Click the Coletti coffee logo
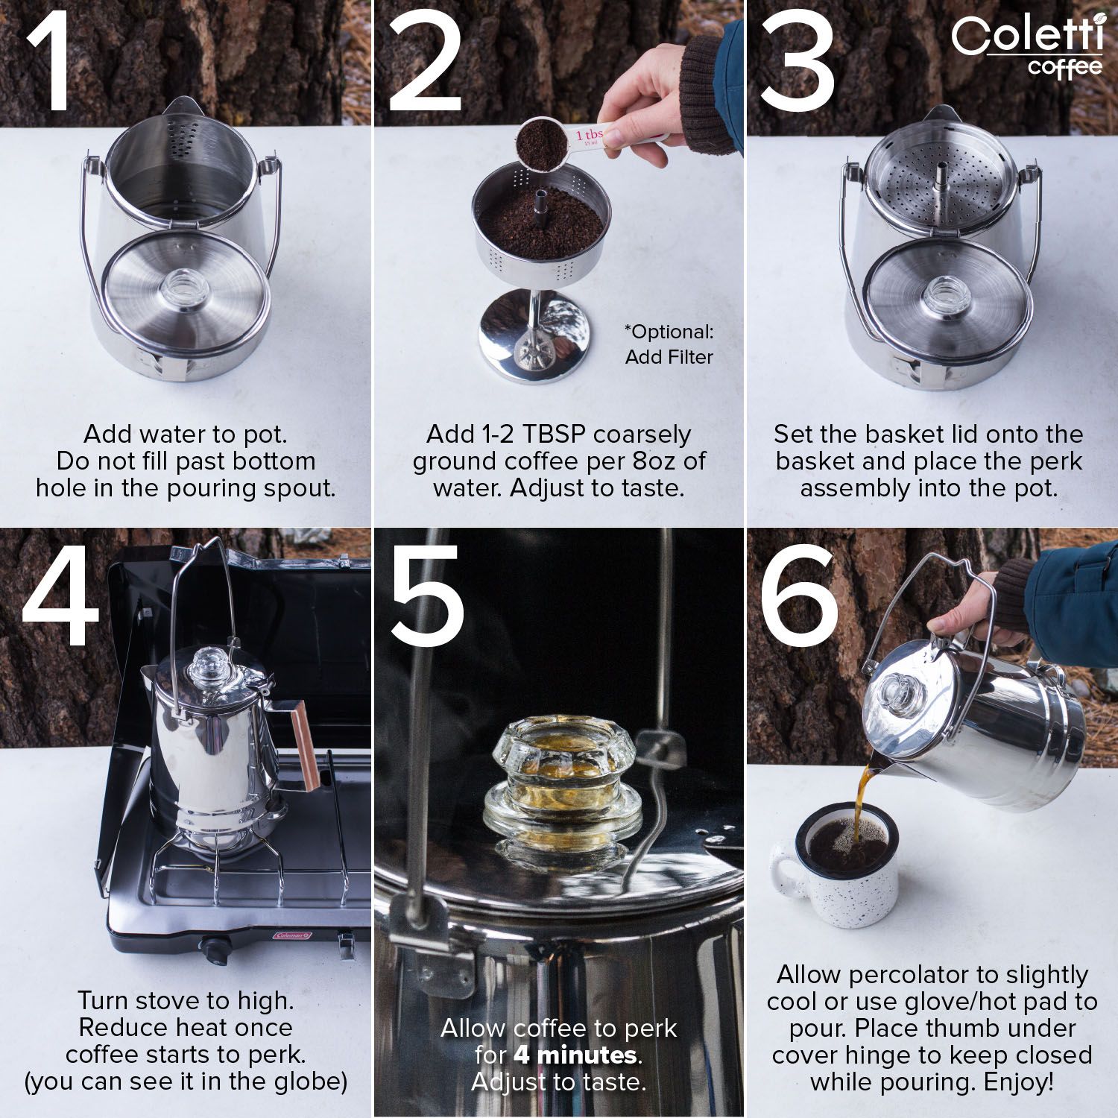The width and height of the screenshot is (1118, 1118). point(1027,46)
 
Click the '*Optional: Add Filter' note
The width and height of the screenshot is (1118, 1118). point(669,344)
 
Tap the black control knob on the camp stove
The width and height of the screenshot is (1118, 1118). point(217,950)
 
